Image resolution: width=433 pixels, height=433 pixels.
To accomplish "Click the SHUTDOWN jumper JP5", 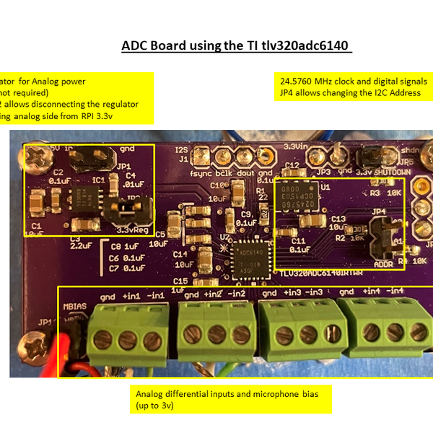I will pos(372,157).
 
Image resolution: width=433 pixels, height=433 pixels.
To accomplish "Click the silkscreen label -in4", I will pos(395,291).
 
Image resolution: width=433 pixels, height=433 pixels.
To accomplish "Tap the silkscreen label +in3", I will pos(293,292).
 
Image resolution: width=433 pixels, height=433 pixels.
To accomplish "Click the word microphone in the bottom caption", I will pos(270,394).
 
